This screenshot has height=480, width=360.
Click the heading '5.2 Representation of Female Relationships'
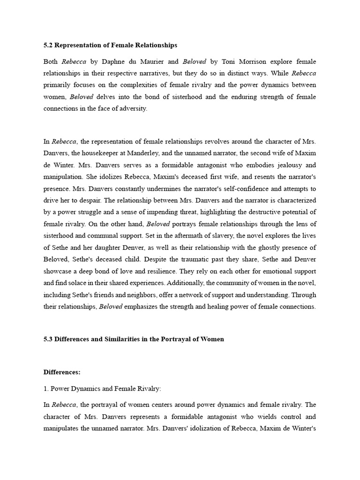pyautogui.click(x=110, y=45)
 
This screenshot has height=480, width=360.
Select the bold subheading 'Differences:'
pyautogui.click(x=62, y=372)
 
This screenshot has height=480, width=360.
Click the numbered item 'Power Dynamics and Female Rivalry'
pyautogui.click(x=106, y=389)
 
